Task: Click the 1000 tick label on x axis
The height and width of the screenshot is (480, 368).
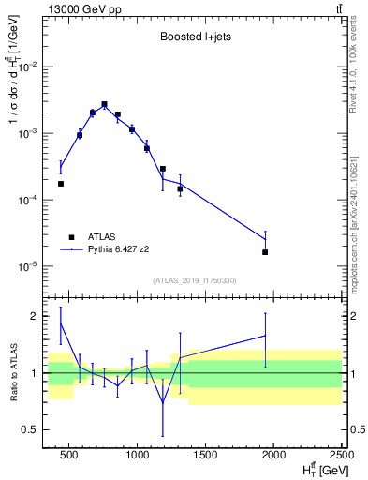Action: pyautogui.click(x=138, y=457)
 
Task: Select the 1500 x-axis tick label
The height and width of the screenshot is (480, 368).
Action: pyautogui.click(x=206, y=457)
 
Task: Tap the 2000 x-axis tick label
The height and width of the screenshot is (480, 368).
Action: pyautogui.click(x=274, y=457)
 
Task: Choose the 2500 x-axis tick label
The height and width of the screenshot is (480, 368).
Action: pyautogui.click(x=341, y=457)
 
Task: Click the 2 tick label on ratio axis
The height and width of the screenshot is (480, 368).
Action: pyautogui.click(x=34, y=317)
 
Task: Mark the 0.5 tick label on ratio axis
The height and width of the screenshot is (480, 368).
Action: pyautogui.click(x=30, y=430)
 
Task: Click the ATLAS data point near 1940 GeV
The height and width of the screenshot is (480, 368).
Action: pyautogui.click(x=266, y=252)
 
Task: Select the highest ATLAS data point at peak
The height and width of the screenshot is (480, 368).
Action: pyautogui.click(x=104, y=104)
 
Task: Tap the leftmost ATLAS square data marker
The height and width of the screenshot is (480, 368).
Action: pyautogui.click(x=61, y=184)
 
